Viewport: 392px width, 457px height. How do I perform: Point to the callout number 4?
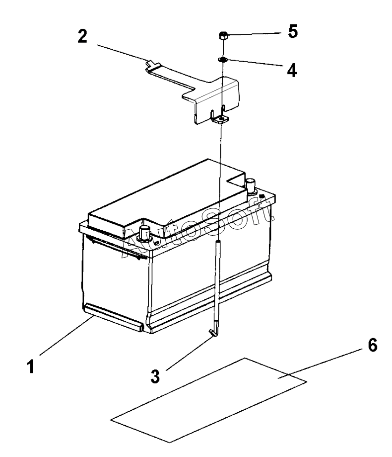point(292,69)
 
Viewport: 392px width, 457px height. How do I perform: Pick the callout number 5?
point(293,31)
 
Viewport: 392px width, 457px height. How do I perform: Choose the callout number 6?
point(374,345)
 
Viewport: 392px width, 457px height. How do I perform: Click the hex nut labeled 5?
point(223,36)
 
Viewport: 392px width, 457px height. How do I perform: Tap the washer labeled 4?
point(223,60)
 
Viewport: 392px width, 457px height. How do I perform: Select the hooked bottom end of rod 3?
point(213,332)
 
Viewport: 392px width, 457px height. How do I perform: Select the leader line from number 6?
point(323,364)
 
